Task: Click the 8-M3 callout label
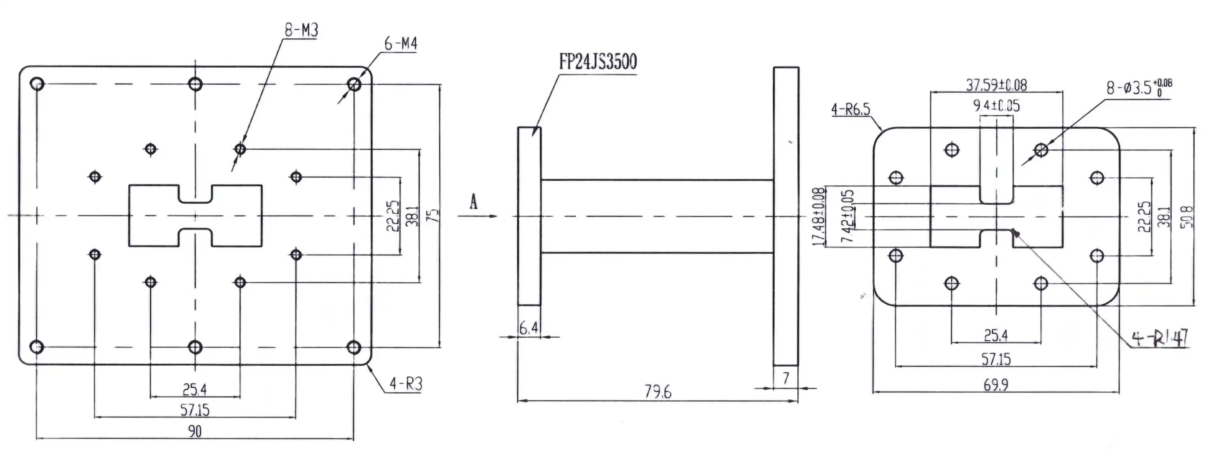(301, 30)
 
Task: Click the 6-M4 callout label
(400, 44)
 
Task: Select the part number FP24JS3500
(597, 62)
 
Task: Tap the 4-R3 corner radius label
(406, 384)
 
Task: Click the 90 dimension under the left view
(195, 431)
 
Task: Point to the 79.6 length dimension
(658, 392)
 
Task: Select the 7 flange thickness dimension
(786, 377)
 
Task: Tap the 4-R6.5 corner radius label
(850, 109)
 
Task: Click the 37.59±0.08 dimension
(996, 85)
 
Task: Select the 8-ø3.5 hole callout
(1138, 87)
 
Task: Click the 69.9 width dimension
(996, 385)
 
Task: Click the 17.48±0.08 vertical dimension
(818, 216)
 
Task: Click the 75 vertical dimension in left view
(435, 215)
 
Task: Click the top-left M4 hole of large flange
(37, 84)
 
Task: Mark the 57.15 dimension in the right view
(996, 359)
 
